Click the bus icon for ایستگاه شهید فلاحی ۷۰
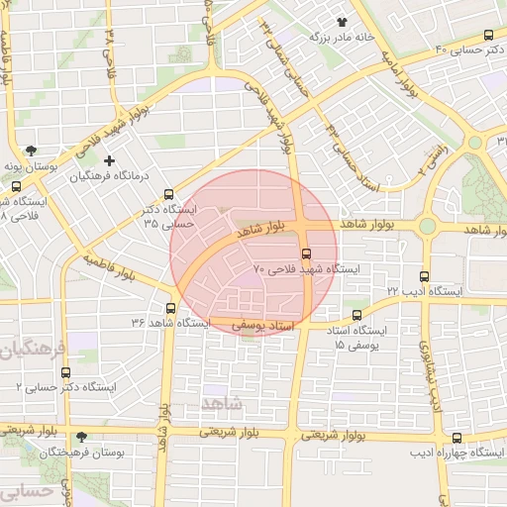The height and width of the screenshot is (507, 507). (x=306, y=253)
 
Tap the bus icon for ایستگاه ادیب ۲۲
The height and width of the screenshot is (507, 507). (x=425, y=276)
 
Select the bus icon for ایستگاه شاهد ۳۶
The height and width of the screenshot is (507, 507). (x=170, y=307)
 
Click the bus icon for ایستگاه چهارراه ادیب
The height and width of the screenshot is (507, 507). (x=456, y=438)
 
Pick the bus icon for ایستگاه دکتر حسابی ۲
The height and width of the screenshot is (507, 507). (x=65, y=373)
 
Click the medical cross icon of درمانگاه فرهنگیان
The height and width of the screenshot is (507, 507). (x=109, y=159)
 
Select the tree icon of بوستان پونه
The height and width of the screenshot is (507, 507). (x=33, y=152)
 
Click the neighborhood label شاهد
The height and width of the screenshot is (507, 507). (x=220, y=403)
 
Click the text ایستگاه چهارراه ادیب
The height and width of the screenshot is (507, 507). (x=458, y=453)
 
